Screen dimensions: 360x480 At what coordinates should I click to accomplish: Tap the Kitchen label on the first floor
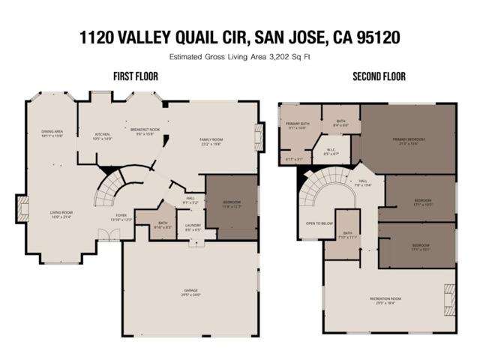102,136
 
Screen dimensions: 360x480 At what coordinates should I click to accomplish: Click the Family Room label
211,140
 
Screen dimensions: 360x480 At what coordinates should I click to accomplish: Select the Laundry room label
193,226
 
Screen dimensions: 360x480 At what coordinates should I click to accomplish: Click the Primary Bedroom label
408,139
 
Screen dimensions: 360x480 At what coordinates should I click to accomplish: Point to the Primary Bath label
297,124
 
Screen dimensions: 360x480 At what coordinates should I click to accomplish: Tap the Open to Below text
319,223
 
